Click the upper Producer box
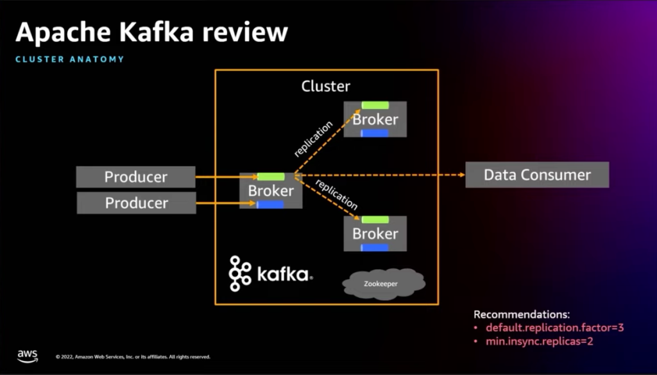pos(135,177)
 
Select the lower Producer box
pos(136,203)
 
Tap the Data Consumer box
pos(536,175)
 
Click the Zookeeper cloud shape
pos(384,282)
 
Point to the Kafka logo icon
pos(240,274)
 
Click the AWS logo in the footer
pos(28,354)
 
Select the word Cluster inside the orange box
pos(326,86)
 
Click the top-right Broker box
pos(375,119)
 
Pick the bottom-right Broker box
pos(375,233)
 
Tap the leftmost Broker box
pos(271,191)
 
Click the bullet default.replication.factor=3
pos(554,327)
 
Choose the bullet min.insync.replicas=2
pos(539,341)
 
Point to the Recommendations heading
pos(521,315)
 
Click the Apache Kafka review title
pos(151,32)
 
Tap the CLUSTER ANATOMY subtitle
pos(69,60)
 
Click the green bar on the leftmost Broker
pos(270,177)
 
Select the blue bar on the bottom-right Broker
pos(375,248)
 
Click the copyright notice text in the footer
pos(133,357)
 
